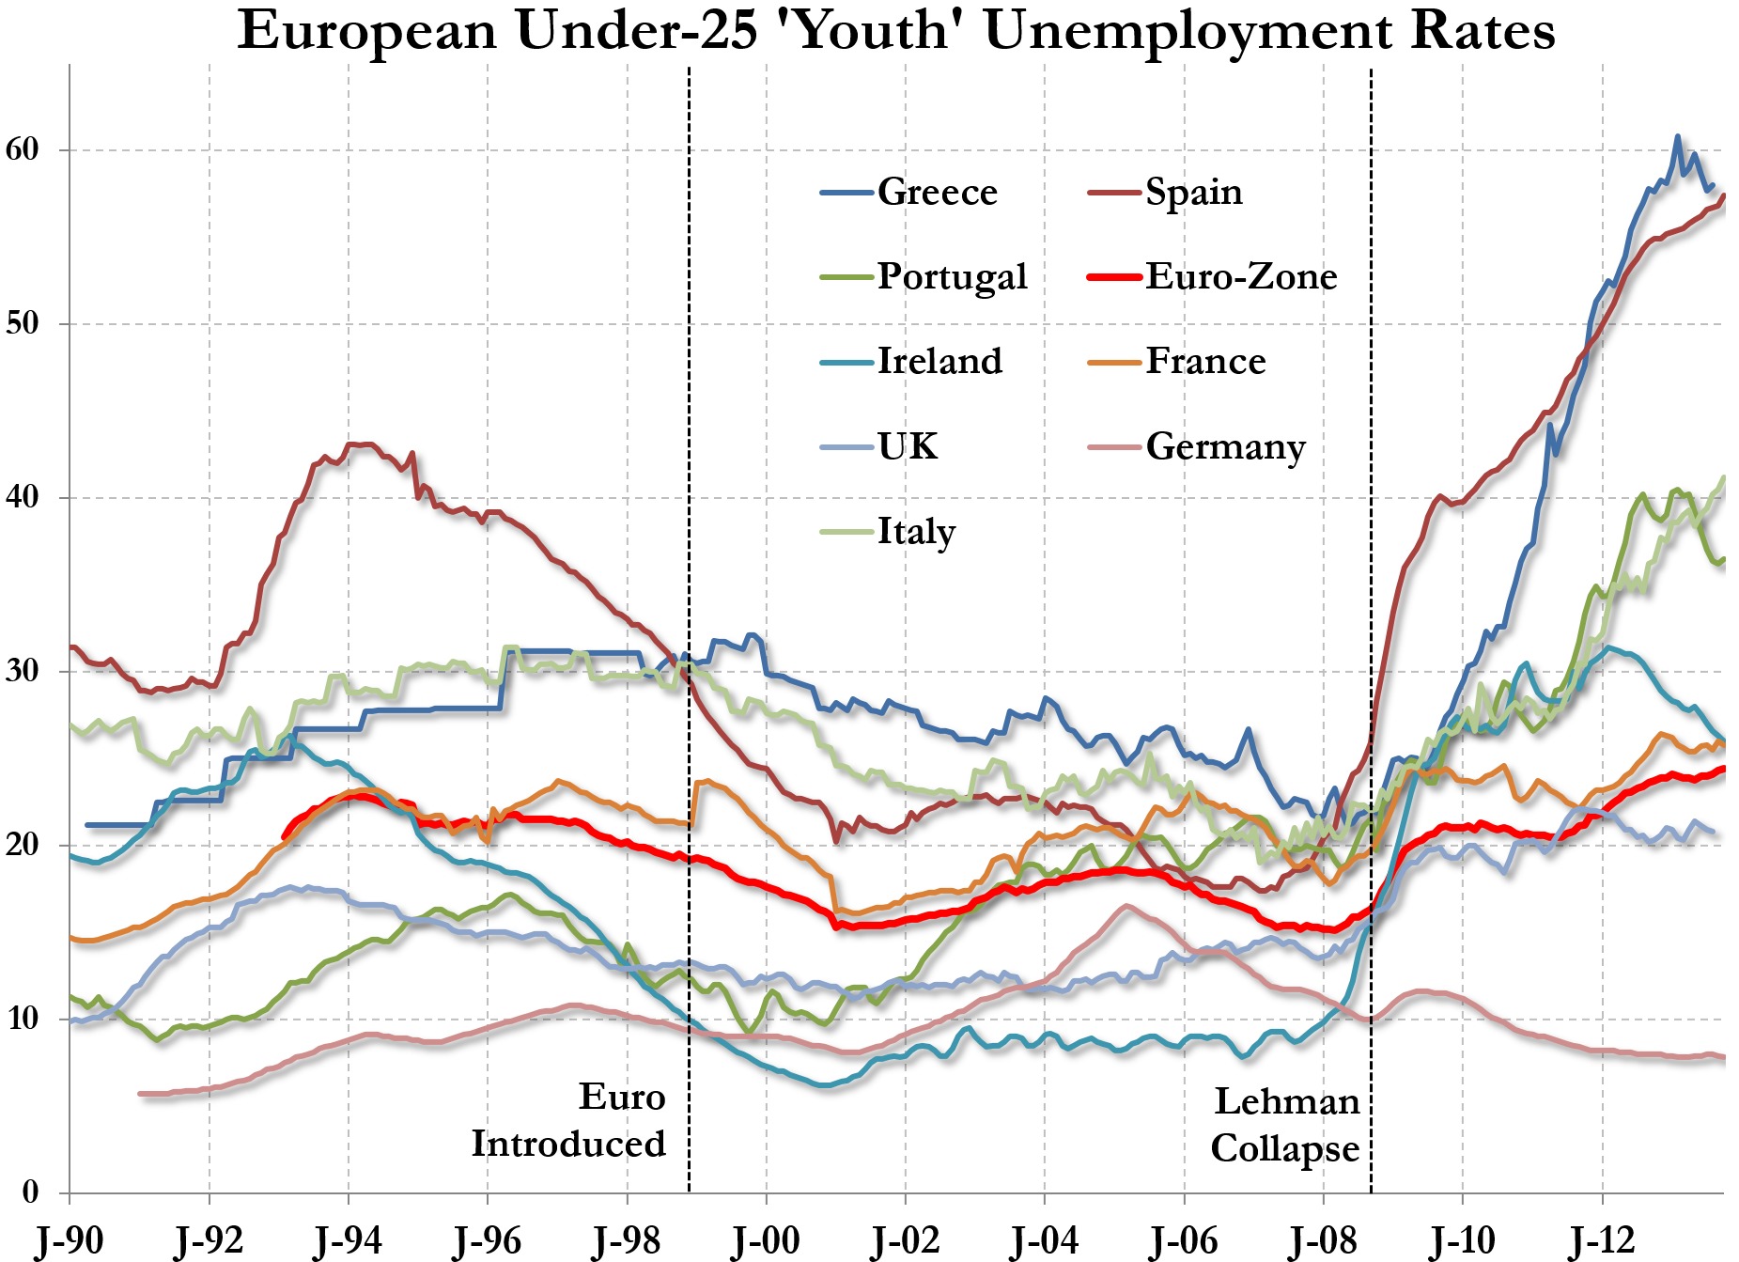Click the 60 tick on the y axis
point(23,149)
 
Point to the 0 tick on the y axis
point(31,1192)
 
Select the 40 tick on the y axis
point(23,497)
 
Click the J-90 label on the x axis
point(70,1240)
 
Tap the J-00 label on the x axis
point(767,1240)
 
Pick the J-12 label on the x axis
point(1602,1240)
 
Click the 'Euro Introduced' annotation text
point(569,1120)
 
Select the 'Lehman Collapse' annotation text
point(1285,1125)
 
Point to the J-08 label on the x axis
point(1324,1240)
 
